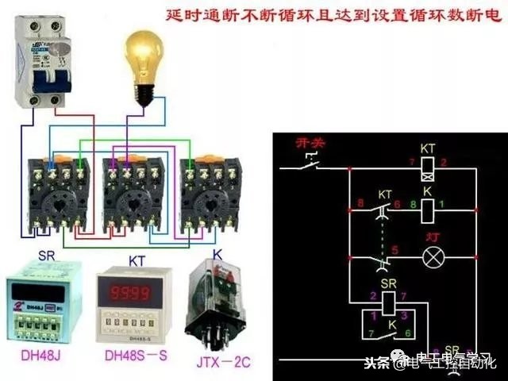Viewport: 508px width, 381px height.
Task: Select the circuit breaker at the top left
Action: click(x=40, y=63)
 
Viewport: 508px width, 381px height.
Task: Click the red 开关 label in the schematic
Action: click(x=306, y=143)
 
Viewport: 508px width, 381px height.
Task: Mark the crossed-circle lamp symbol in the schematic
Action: click(x=432, y=258)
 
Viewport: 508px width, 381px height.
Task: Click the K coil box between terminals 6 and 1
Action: click(x=427, y=210)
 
